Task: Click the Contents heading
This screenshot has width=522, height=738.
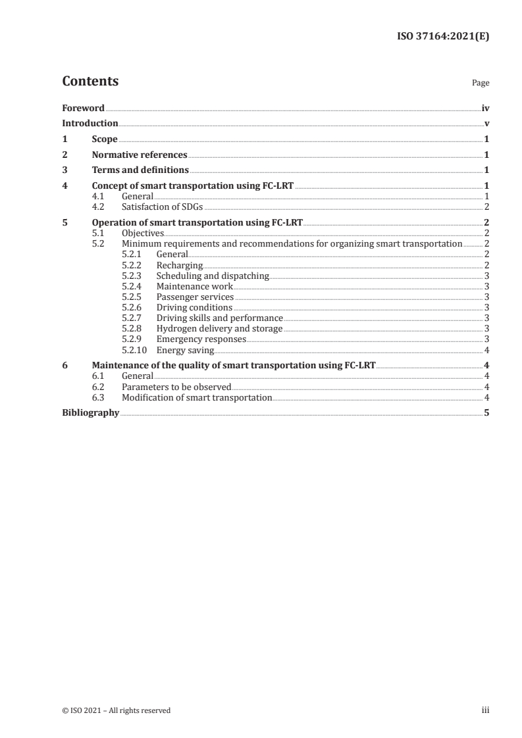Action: coord(90,82)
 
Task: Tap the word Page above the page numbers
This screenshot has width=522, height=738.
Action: coord(481,84)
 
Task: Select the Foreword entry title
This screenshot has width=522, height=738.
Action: coord(83,108)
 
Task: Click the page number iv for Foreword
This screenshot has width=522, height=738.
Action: coord(485,108)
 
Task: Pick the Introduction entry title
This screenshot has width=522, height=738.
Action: coord(90,124)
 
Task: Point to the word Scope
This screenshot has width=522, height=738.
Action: coord(105,139)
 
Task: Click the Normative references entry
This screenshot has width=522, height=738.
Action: coord(140,155)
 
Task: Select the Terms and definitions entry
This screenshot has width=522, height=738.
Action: coord(140,171)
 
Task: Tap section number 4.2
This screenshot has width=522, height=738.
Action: coord(98,207)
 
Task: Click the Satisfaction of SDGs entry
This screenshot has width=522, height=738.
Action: coord(163,207)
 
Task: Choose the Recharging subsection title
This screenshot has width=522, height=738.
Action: coord(180,265)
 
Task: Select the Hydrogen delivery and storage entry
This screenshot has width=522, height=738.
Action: coord(219,329)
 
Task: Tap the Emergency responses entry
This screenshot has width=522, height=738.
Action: coord(201,339)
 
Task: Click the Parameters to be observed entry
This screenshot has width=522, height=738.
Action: coord(176,387)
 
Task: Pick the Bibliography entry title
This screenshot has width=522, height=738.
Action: coord(90,413)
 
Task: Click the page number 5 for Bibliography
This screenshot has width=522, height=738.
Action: coord(486,413)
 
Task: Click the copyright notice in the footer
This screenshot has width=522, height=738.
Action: coord(117,710)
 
